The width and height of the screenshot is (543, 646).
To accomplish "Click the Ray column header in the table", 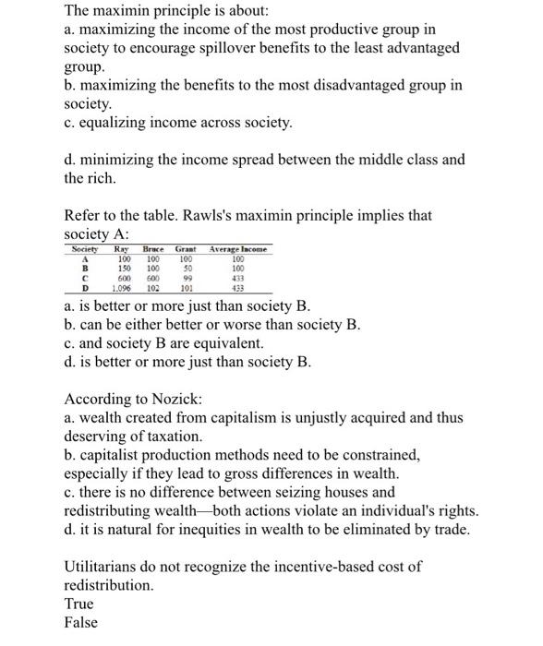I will (x=120, y=250).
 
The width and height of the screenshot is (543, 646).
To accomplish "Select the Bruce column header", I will (x=152, y=250).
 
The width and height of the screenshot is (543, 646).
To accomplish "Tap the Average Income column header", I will (x=238, y=250).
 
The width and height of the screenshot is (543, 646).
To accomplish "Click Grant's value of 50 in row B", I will (x=186, y=269).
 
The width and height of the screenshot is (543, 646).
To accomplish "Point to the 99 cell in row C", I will (x=186, y=279).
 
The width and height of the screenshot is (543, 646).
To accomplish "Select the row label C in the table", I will (x=84, y=279).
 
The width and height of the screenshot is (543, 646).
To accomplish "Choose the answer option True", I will (x=78, y=604).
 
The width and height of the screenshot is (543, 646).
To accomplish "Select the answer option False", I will (x=80, y=622).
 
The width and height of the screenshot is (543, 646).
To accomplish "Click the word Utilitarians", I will (x=103, y=566).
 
